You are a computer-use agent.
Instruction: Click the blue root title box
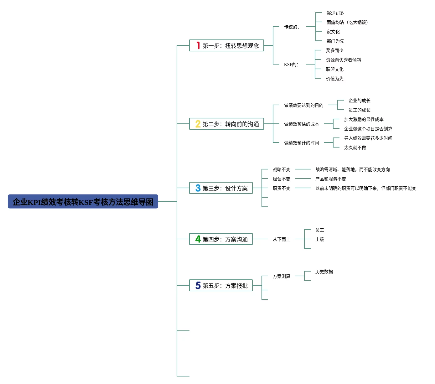point(83,201)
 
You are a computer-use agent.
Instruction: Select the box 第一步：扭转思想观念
point(226,45)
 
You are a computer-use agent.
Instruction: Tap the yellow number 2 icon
point(198,124)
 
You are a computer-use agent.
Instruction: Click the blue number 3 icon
point(198,188)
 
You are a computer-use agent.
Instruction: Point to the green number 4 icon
point(198,239)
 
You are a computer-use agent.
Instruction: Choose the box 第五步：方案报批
point(221,285)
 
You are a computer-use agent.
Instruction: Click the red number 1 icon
point(198,45)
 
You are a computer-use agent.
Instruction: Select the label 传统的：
point(292,27)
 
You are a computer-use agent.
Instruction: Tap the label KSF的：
point(291,65)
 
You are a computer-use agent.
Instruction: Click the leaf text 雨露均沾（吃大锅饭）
point(347,22)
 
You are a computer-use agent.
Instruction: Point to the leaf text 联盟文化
point(334,69)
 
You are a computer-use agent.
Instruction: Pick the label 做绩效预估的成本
point(301,124)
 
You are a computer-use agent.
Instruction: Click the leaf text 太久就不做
point(355,148)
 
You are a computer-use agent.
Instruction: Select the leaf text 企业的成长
point(359,101)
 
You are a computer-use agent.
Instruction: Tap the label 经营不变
point(281,179)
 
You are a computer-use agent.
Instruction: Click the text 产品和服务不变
point(330,179)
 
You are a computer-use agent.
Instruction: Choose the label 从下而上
point(281,239)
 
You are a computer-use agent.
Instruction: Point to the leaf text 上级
point(319,239)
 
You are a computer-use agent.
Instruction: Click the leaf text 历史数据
point(324,272)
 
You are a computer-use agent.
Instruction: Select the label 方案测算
point(281,276)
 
